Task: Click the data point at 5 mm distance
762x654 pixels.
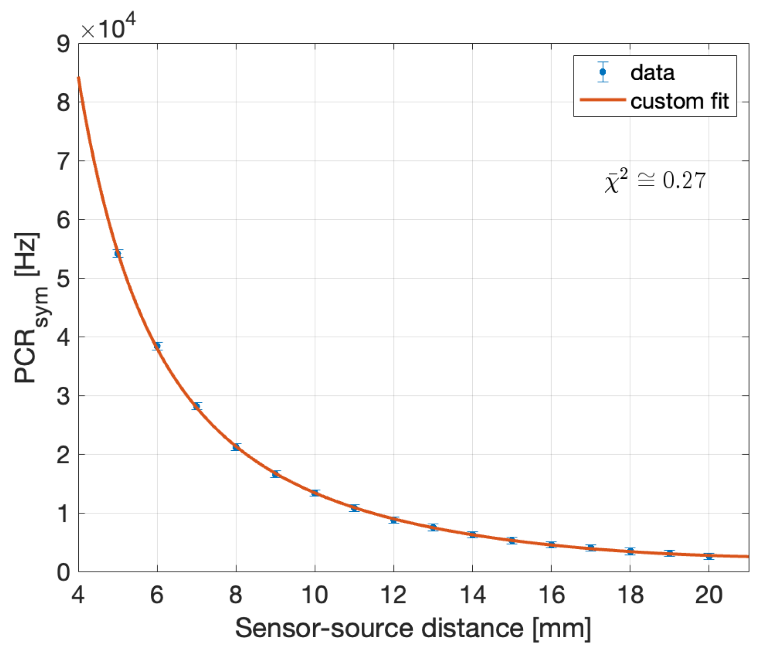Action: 118,254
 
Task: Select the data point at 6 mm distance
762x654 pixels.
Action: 157,346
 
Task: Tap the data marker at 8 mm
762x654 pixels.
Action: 236,447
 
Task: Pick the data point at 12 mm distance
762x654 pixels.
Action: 393,520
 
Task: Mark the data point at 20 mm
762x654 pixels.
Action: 709,556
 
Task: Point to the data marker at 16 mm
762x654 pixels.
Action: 551,544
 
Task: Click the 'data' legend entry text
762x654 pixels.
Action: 652,73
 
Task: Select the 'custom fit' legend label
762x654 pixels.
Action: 679,101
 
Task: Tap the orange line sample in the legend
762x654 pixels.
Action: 602,100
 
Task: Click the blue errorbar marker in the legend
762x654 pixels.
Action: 602,72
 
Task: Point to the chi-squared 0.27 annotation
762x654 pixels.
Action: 655,181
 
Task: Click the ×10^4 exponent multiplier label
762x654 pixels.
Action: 108,27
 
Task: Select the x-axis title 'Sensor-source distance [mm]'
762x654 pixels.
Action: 413,628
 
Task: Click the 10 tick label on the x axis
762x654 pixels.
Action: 314,595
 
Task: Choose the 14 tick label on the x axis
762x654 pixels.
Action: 472,595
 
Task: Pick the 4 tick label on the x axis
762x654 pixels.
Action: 78,595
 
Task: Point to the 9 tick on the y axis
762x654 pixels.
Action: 63,44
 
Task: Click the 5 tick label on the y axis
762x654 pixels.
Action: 63,279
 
